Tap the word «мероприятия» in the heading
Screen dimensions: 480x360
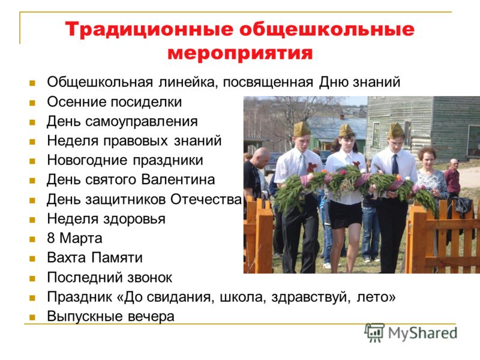[x=240, y=53]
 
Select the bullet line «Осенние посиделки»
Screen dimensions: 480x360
[x=114, y=102]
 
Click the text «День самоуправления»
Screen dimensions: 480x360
[x=122, y=122]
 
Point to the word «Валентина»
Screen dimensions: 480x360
[x=178, y=179]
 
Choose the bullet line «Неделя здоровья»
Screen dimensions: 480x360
[x=106, y=219]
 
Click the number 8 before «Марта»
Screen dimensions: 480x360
[x=51, y=238]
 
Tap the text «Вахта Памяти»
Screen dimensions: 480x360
[x=95, y=258]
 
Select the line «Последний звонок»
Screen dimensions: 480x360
[x=109, y=278]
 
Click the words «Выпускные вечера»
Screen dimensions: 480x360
[x=110, y=317]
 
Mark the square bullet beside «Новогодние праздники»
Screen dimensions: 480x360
[x=32, y=161]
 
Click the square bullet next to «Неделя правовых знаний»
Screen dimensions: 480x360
[x=32, y=142]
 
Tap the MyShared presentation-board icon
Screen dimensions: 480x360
[x=374, y=332]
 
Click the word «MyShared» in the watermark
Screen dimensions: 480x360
[x=422, y=333]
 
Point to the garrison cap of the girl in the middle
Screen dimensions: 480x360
[x=346, y=130]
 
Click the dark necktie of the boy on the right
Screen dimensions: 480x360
[x=395, y=164]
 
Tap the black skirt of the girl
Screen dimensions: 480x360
[x=346, y=215]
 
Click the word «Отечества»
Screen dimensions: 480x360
[x=206, y=200]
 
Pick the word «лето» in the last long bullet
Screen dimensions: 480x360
[x=376, y=297]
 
